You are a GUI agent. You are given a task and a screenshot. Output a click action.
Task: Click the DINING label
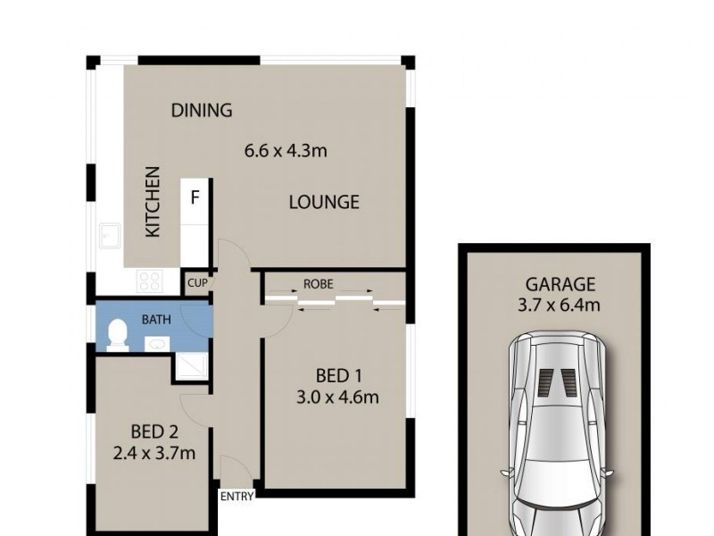tap(202, 111)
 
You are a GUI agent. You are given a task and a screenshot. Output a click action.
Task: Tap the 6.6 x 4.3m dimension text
tap(286, 150)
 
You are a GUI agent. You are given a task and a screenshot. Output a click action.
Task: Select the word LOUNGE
tap(323, 202)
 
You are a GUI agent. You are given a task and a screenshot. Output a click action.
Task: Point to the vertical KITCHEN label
tap(154, 201)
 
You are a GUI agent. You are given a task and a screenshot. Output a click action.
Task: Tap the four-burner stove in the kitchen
tap(149, 282)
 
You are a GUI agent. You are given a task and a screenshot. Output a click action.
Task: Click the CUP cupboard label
tap(197, 283)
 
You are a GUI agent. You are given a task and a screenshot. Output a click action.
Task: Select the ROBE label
tap(319, 283)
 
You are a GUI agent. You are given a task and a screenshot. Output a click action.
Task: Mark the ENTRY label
tap(237, 496)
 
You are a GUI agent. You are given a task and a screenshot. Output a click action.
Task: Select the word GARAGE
tap(560, 285)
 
